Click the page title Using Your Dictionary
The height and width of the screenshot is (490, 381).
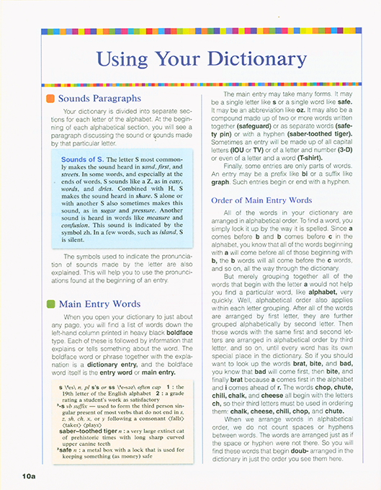tap(201, 58)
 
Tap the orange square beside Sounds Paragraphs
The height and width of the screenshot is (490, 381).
tap(50, 98)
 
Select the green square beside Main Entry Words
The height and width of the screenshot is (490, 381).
tap(50, 303)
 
